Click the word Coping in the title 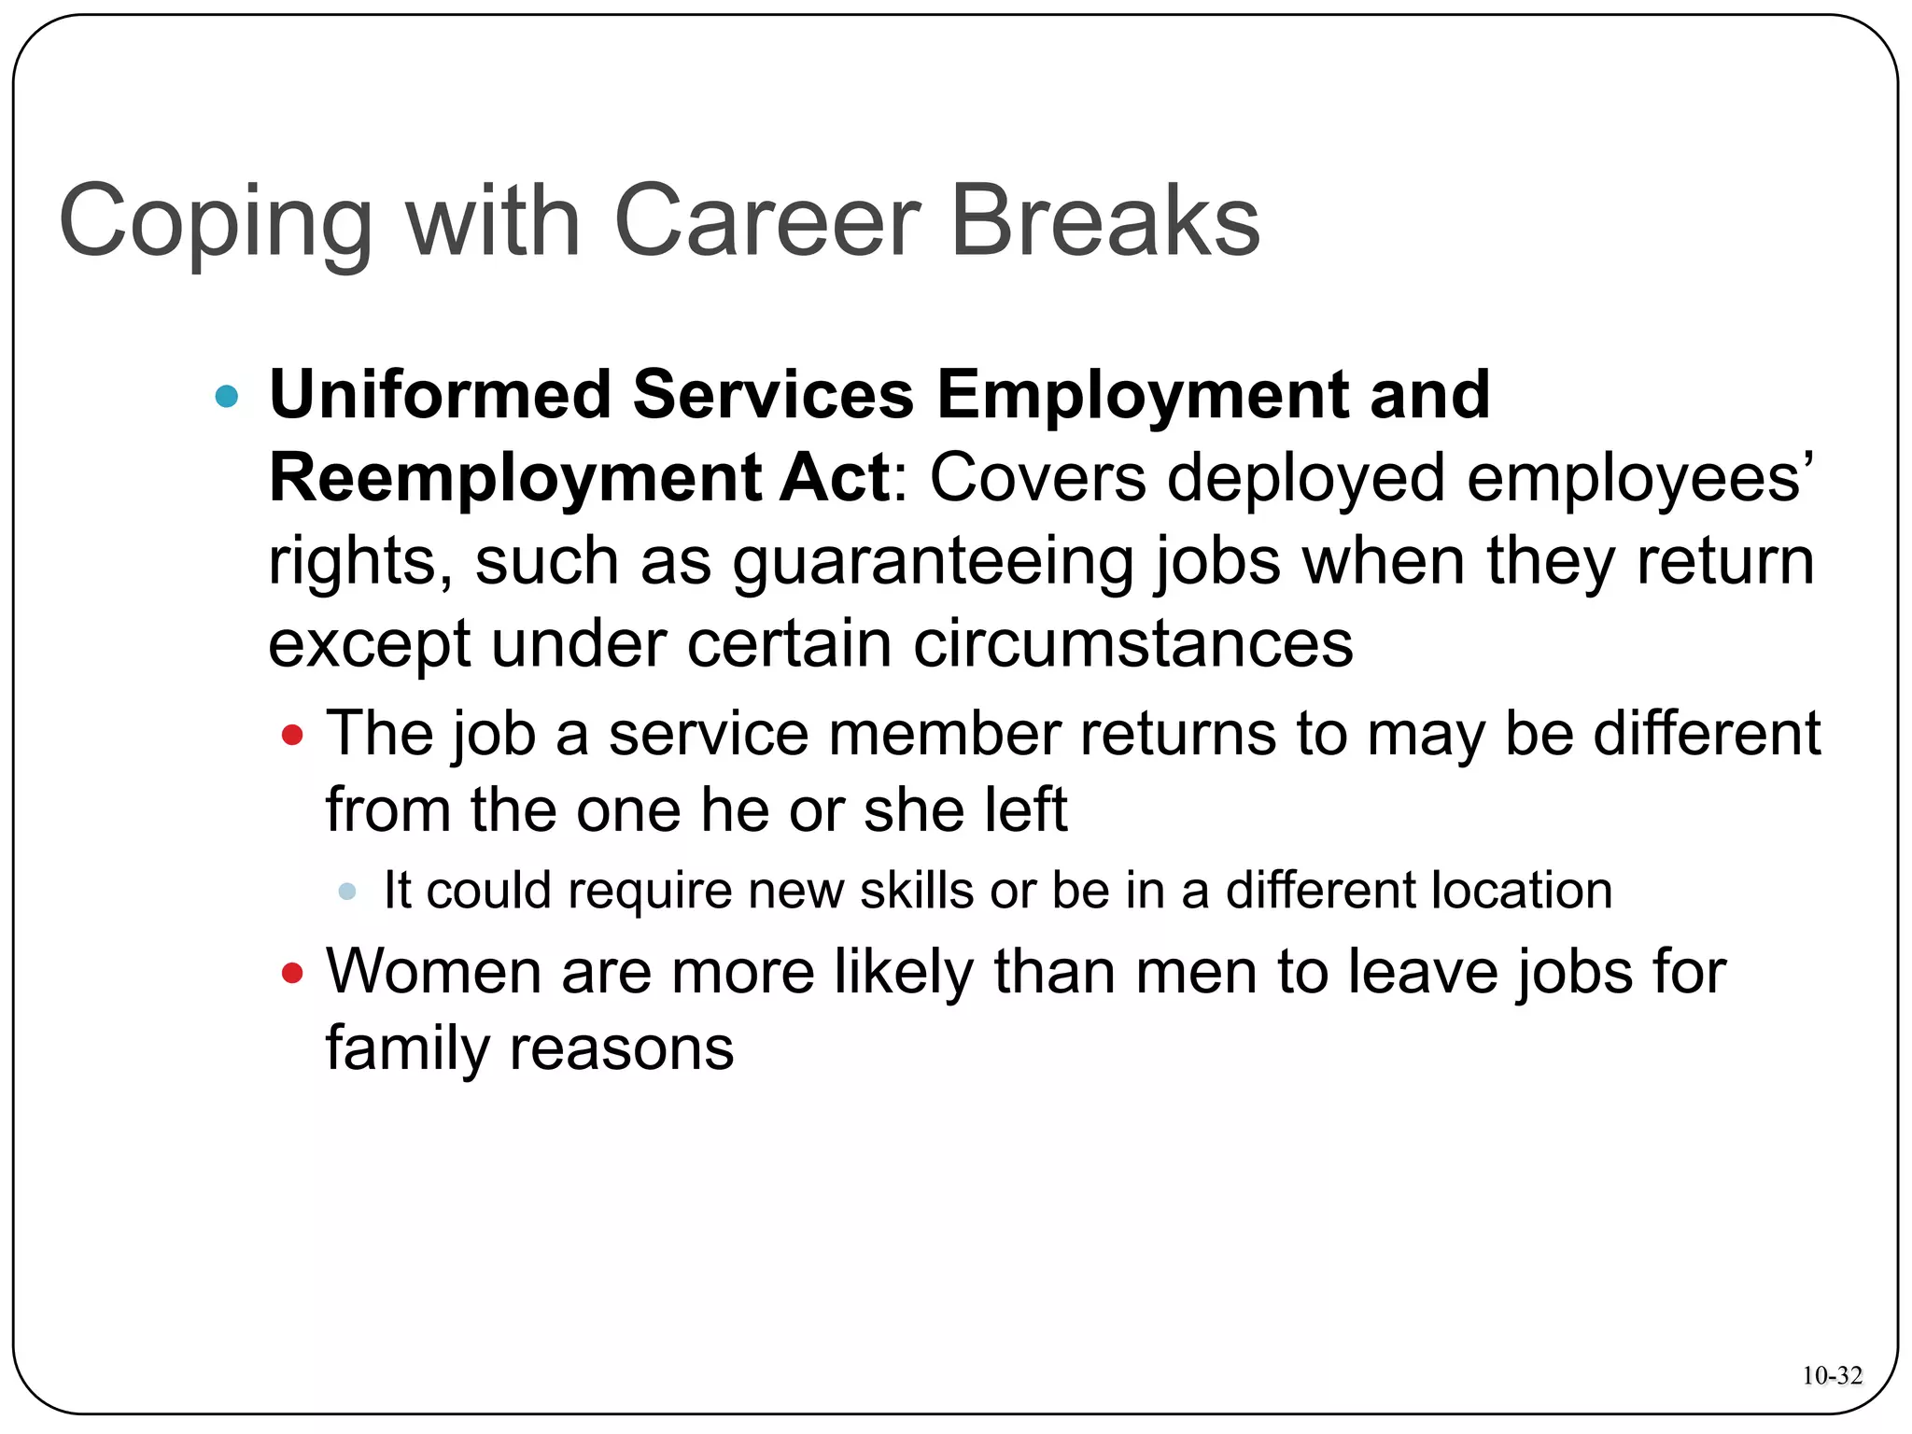tap(215, 224)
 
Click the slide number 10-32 tap(1832, 1375)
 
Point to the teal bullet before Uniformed tap(227, 397)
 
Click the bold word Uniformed tap(440, 395)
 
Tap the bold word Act tap(835, 477)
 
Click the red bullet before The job tap(292, 736)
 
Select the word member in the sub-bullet tap(944, 734)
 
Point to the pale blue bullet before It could tap(347, 892)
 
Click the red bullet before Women tap(292, 974)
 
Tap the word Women tap(433, 972)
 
